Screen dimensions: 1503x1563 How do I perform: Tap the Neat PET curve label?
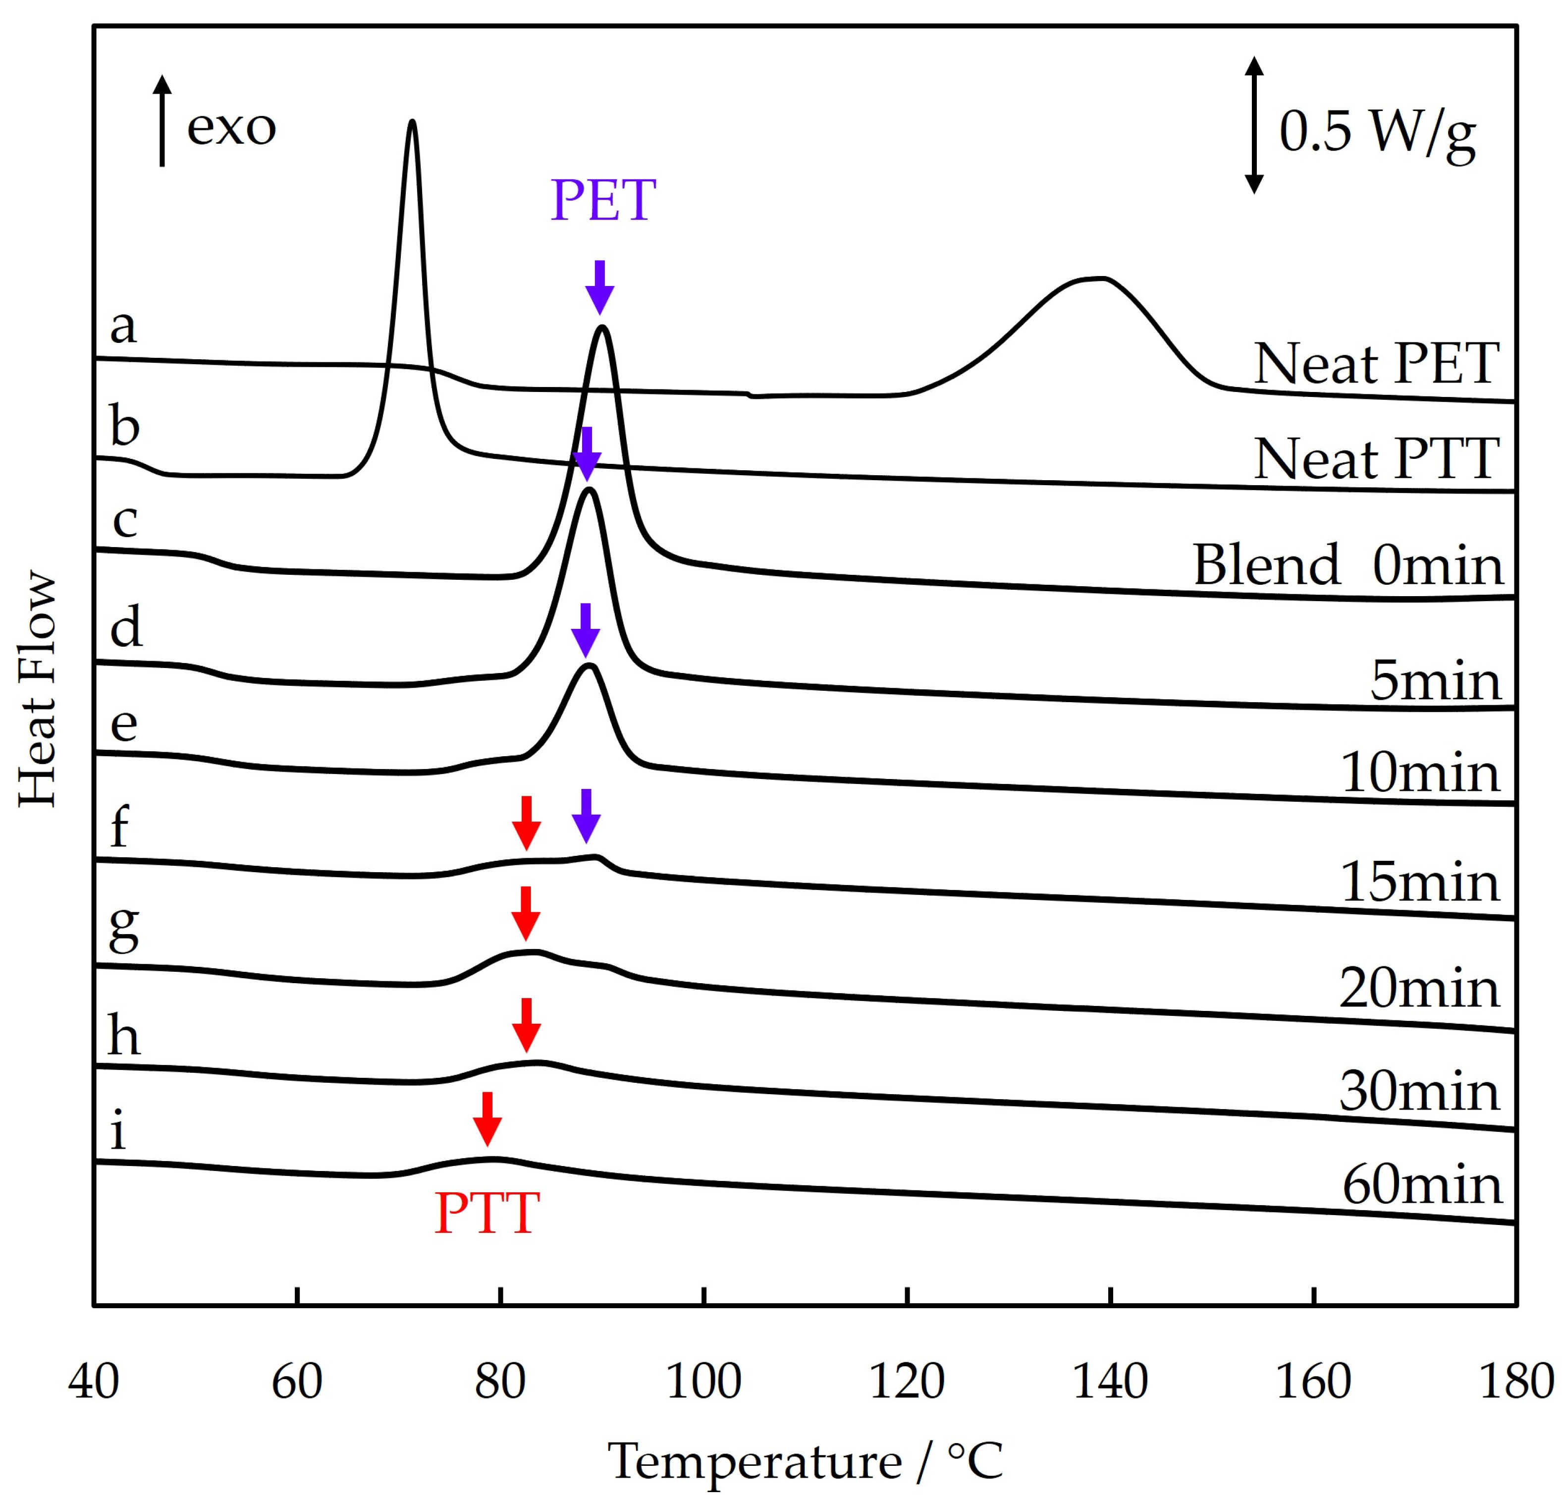pyautogui.click(x=1376, y=365)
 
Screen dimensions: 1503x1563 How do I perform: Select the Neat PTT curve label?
pyautogui.click(x=1376, y=459)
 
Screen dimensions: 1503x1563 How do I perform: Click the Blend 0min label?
pyautogui.click(x=1347, y=565)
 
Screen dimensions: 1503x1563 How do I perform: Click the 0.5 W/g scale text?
pyautogui.click(x=1377, y=132)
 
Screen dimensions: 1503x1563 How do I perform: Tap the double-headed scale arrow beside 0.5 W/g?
pyautogui.click(x=1254, y=125)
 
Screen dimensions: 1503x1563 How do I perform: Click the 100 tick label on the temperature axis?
pyautogui.click(x=703, y=1382)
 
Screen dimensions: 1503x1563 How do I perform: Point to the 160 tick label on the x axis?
pyautogui.click(x=1313, y=1382)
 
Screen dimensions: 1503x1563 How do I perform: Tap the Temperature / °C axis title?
pyautogui.click(x=806, y=1461)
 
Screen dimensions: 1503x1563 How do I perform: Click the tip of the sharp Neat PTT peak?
pyautogui.click(x=412, y=122)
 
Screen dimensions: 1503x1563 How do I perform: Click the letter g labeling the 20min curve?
pyautogui.click(x=124, y=930)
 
